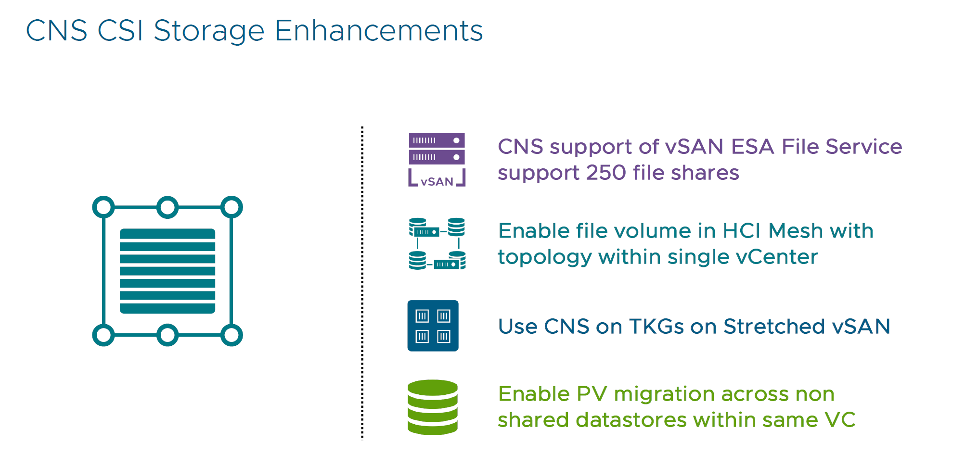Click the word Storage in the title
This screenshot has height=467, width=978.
pos(209,31)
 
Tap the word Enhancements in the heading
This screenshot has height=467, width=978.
pos(378,31)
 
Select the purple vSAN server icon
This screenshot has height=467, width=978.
pos(437,149)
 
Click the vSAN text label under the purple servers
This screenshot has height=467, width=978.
pos(437,182)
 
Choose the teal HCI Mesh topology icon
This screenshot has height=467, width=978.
pos(437,243)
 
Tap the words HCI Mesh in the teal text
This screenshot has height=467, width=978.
pos(772,231)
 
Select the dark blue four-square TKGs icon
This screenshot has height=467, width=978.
pos(433,326)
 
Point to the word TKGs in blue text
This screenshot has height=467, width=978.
pos(656,327)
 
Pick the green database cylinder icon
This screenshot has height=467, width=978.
pos(432,407)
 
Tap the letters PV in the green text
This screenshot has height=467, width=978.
pos(591,394)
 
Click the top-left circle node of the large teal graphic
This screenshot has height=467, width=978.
pos(103,207)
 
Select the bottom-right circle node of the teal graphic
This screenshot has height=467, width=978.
pos(232,335)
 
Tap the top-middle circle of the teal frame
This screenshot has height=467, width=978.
pos(167,207)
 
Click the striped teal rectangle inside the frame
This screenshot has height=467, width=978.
pos(167,271)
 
